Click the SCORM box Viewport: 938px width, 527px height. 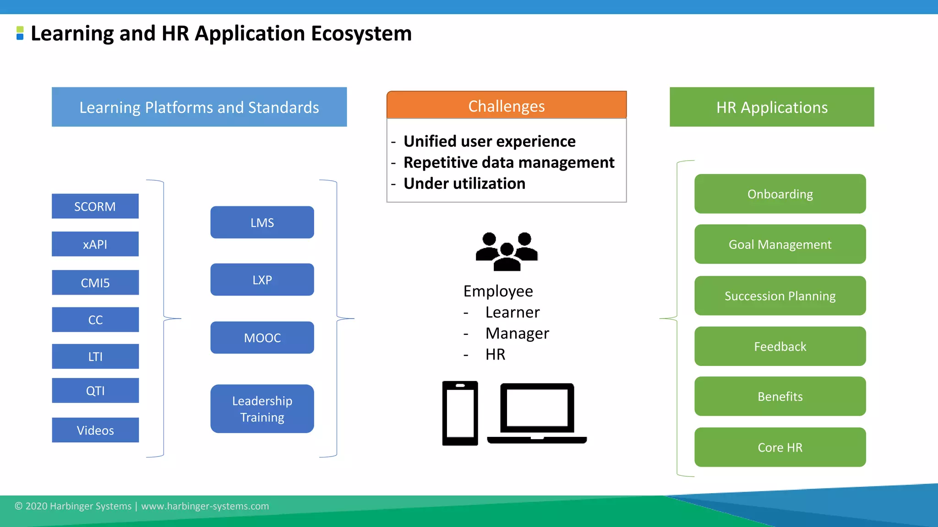tap(95, 206)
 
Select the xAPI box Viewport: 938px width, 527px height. tap(95, 244)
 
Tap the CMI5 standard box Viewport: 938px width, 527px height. tap(95, 283)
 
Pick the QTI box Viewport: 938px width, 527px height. tap(95, 391)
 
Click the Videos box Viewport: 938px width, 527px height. tap(95, 430)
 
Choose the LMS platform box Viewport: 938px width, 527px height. tap(262, 222)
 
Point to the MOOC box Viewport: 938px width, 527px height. tap(262, 338)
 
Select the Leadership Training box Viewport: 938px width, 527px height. tap(262, 409)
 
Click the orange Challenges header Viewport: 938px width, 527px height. tap(506, 106)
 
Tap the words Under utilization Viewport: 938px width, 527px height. tap(464, 183)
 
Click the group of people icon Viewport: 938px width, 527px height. tap(507, 251)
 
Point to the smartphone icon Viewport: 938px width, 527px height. tap(460, 413)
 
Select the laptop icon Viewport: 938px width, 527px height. tap(537, 413)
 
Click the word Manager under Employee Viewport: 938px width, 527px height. tap(517, 333)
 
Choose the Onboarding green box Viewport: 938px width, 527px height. tap(780, 194)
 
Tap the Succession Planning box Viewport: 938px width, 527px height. tap(780, 296)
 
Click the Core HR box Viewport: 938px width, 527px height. tap(780, 447)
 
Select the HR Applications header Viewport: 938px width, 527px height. tap(772, 107)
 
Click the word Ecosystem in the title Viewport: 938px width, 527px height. tap(361, 34)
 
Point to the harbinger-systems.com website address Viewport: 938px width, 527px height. tap(205, 506)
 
